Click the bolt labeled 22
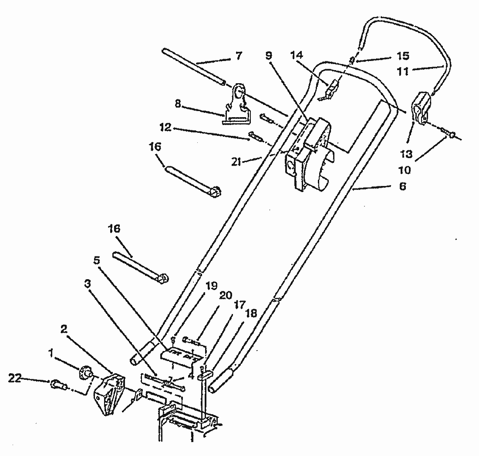point(58,384)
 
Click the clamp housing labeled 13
point(421,108)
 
